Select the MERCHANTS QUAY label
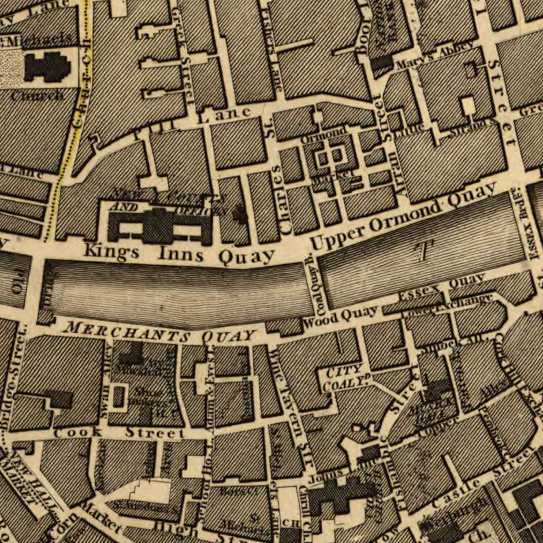tap(161, 332)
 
